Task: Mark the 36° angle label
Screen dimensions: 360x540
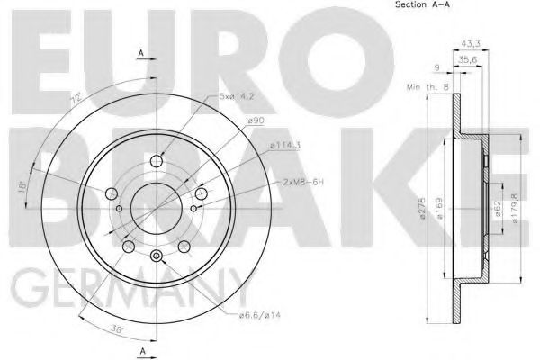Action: pyautogui.click(x=117, y=328)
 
